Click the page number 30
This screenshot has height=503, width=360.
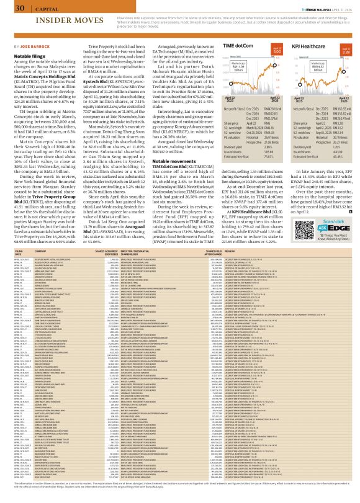[x=20, y=7]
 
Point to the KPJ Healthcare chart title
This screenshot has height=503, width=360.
[x=317, y=47]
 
